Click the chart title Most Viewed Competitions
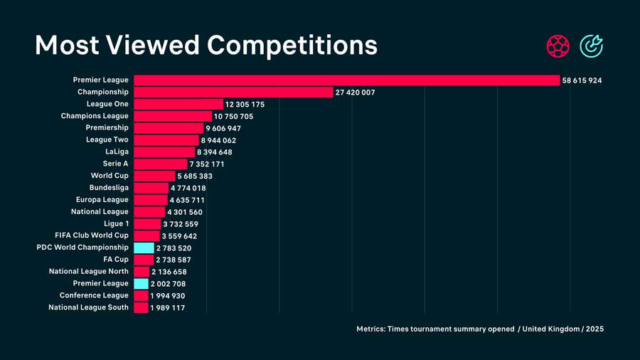coord(206,46)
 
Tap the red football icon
coord(558,46)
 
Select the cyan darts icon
coord(591,46)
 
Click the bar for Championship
coord(233,92)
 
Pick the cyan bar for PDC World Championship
coord(144,248)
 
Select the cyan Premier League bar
coord(141,284)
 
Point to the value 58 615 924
coord(582,81)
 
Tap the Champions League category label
coord(95,116)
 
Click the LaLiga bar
coord(164,152)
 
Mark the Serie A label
coord(115,164)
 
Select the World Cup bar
coord(154,176)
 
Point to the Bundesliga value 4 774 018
coord(188,189)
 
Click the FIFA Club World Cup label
coord(92,235)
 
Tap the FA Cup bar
coord(144,260)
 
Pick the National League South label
coord(88,307)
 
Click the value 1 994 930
coord(168,296)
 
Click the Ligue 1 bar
coord(147,224)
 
